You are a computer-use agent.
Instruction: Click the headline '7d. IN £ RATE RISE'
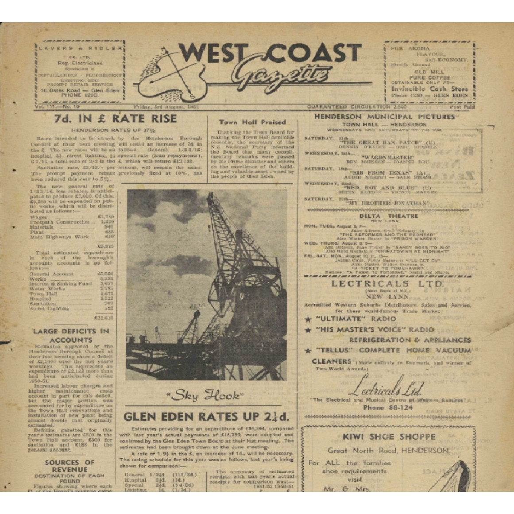pos(115,119)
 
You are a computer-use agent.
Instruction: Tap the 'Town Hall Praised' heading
pos(252,122)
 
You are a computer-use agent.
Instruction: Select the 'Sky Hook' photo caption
pos(205,395)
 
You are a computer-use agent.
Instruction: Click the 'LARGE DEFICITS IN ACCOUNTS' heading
pos(71,336)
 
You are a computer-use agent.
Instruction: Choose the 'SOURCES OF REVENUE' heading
pos(70,466)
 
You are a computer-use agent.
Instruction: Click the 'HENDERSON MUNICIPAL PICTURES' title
pos(384,117)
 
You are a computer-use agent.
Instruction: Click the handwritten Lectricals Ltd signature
pos(384,386)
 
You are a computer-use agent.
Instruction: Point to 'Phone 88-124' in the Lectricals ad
pos(388,407)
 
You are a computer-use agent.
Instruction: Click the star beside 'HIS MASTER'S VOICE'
pos(308,330)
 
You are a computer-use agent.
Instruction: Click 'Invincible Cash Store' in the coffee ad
pos(429,89)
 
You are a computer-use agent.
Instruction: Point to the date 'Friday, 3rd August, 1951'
pos(166,107)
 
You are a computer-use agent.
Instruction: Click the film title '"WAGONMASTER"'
pos(388,157)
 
